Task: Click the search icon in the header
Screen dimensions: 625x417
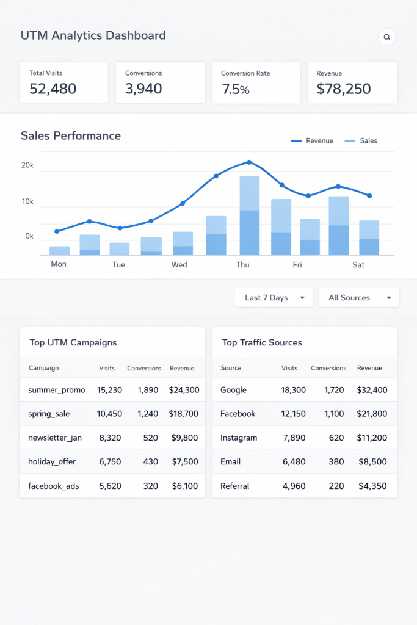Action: click(x=386, y=37)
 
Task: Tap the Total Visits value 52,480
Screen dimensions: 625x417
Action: click(x=53, y=89)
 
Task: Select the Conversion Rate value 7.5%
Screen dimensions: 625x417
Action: click(x=236, y=90)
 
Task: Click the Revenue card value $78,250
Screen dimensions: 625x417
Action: click(x=344, y=89)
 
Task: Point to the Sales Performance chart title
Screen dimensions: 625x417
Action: click(x=71, y=135)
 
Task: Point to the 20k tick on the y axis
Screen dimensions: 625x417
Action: click(x=27, y=165)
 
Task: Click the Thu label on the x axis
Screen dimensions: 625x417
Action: click(x=243, y=265)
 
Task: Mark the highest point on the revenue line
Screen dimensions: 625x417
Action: click(x=249, y=162)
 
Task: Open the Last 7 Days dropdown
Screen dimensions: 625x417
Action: click(x=274, y=298)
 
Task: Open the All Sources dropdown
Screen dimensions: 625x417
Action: click(x=359, y=298)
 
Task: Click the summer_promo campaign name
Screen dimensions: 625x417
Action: click(x=57, y=390)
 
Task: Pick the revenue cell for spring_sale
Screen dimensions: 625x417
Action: click(x=183, y=414)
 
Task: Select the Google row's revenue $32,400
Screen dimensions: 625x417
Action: click(x=372, y=390)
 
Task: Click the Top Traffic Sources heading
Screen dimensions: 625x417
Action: click(x=262, y=342)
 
